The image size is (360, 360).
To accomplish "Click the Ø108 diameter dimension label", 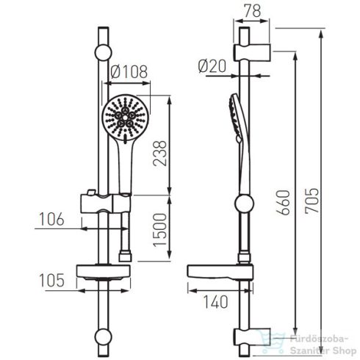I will tap(129, 72).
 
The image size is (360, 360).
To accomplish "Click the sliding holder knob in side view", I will tap(242, 203).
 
